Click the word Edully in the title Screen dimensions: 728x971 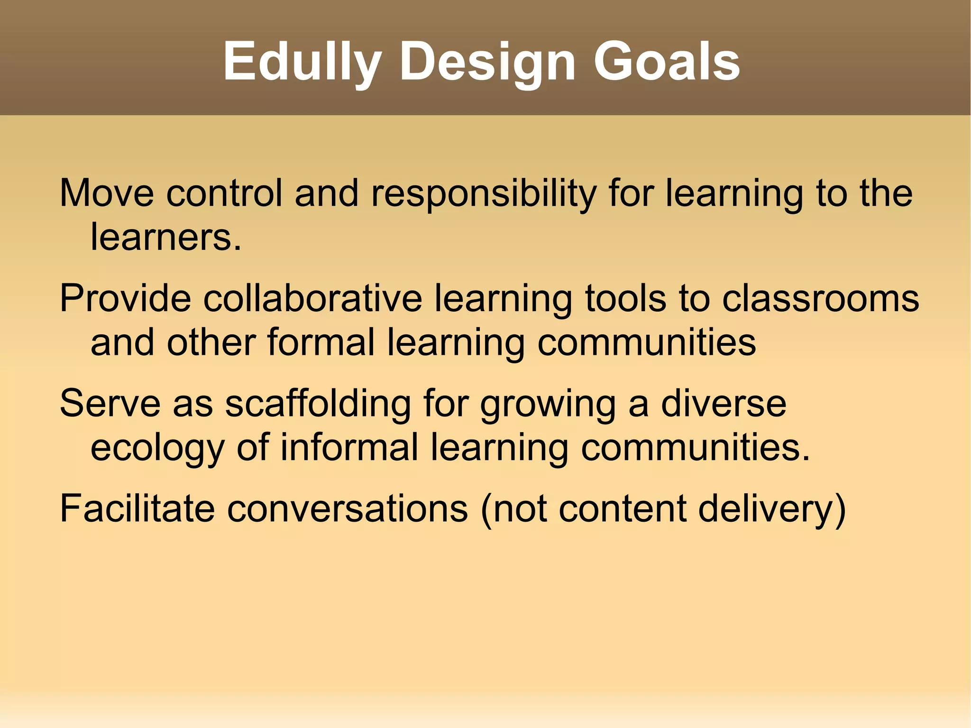(x=302, y=62)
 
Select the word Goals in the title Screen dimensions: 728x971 (x=667, y=62)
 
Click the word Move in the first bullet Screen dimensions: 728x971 (x=107, y=193)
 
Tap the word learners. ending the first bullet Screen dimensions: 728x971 (x=166, y=237)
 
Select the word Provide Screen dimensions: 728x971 (x=125, y=298)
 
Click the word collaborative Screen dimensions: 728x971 (x=313, y=298)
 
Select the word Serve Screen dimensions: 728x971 (x=110, y=404)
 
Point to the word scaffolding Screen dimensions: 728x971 (x=318, y=405)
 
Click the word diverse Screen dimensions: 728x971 (x=724, y=404)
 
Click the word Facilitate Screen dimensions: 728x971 (x=137, y=509)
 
